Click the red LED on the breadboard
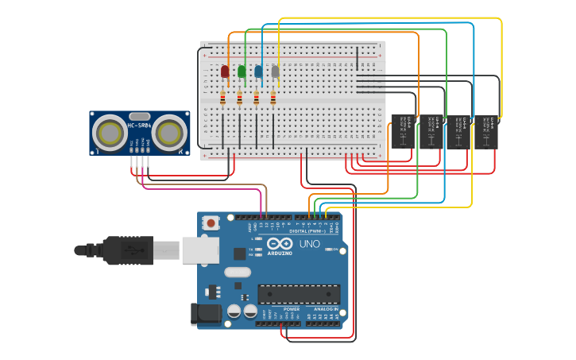pyautogui.click(x=225, y=72)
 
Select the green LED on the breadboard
pyautogui.click(x=242, y=72)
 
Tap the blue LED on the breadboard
pyautogui.click(x=258, y=72)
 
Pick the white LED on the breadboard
pyautogui.click(x=275, y=72)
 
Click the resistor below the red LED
pyautogui.click(x=222, y=99)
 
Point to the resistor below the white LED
pyautogui.click(x=273, y=99)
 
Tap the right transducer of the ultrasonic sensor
pyautogui.click(x=169, y=133)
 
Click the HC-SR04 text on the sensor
pyautogui.click(x=139, y=126)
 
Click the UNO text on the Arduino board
pyautogui.click(x=310, y=244)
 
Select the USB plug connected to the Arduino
pyautogui.click(x=127, y=250)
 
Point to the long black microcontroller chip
pyautogui.click(x=299, y=294)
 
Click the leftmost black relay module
pyautogui.click(x=404, y=131)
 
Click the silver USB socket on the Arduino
pyautogui.click(x=199, y=250)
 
